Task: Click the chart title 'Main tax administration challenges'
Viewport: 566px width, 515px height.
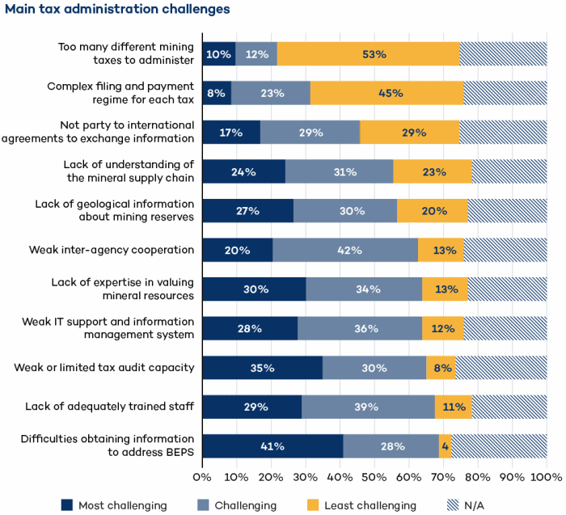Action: [x=117, y=10]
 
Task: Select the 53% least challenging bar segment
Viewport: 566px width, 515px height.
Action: [x=369, y=53]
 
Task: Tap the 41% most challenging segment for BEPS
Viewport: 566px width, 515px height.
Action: [x=272, y=446]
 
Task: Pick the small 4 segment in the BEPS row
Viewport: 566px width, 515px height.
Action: [x=445, y=446]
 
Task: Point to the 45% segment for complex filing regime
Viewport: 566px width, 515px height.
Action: [x=386, y=93]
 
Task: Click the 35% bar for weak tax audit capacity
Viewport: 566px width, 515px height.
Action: [x=262, y=368]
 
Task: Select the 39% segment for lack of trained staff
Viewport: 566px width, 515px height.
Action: [x=368, y=407]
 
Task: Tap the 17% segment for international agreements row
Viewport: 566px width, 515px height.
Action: [x=231, y=132]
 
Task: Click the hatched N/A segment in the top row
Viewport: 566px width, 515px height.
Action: [x=503, y=53]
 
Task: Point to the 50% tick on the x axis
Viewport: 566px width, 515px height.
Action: [x=374, y=477]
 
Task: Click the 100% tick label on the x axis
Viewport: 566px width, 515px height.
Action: [x=547, y=477]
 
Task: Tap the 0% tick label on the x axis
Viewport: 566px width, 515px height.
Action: [x=202, y=477]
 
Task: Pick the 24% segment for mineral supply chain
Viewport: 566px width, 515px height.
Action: [x=243, y=171]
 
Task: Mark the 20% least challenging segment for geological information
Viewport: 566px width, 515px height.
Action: [x=433, y=210]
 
